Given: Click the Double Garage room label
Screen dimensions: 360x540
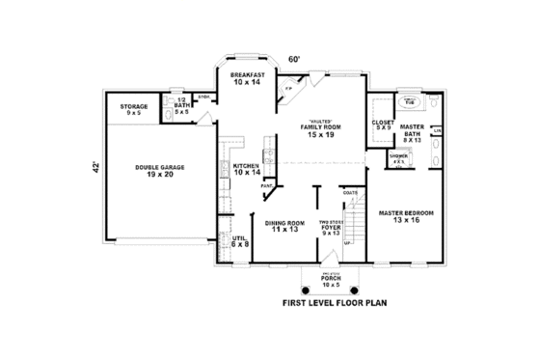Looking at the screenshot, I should (160, 171).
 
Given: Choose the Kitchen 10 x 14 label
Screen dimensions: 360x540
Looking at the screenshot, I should (246, 169).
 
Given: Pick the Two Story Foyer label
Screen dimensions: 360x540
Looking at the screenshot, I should (331, 226).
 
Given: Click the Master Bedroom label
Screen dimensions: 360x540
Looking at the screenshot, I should (406, 215).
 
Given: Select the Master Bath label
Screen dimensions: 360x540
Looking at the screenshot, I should (414, 133).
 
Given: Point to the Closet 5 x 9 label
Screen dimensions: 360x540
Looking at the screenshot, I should (383, 125).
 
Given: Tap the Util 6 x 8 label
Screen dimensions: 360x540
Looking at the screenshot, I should (240, 241).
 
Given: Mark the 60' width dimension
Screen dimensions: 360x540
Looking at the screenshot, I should (294, 60).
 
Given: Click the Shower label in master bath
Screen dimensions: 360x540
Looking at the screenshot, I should (398, 157).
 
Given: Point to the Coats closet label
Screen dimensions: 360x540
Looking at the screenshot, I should (349, 193).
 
